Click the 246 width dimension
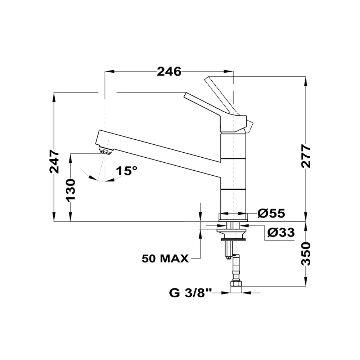tap(169, 72)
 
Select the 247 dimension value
tap(54, 161)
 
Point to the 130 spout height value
tap(71, 190)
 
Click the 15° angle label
tap(126, 171)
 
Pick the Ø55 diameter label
tap(271, 213)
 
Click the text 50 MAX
tap(165, 259)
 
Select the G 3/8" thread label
tap(190, 293)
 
